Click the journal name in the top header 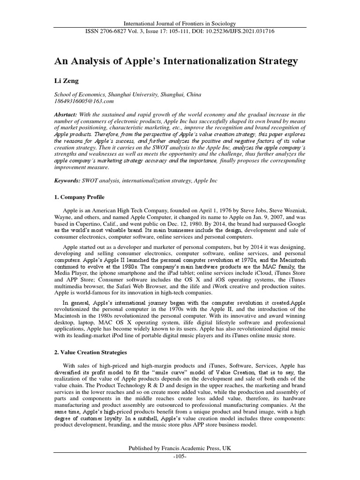[x=180, y=23]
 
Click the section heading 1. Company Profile [x=80, y=197]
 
